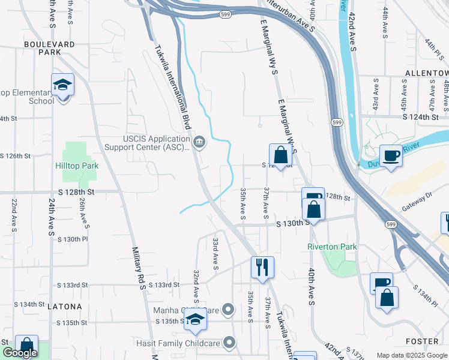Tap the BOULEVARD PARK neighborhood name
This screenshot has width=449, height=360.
(50, 48)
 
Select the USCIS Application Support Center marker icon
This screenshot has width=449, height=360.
(200, 142)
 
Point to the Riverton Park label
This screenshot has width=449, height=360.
(332, 247)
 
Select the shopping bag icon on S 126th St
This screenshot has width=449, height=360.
(280, 155)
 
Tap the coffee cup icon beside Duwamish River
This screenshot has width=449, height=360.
(390, 155)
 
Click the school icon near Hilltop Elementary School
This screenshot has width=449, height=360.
(62, 85)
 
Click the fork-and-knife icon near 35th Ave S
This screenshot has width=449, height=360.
(261, 267)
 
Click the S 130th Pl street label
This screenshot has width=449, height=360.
(73, 239)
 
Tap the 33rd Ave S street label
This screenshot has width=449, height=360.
(215, 251)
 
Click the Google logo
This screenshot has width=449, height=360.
(19, 353)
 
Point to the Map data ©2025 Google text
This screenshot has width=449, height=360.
(411, 355)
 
